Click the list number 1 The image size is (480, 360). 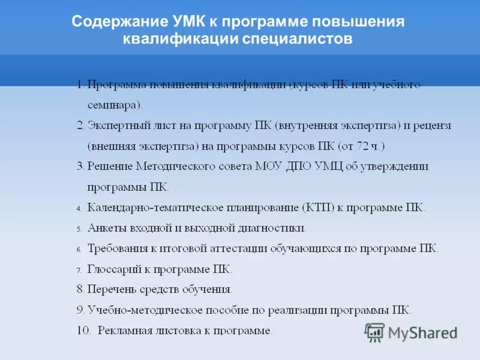(80, 85)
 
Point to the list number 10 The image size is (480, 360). (83, 330)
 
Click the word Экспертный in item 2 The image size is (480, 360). (115, 125)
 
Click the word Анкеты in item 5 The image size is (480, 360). (105, 228)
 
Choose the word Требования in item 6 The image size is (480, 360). (116, 248)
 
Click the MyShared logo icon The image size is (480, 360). (374, 332)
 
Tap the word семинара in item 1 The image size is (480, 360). (113, 105)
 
